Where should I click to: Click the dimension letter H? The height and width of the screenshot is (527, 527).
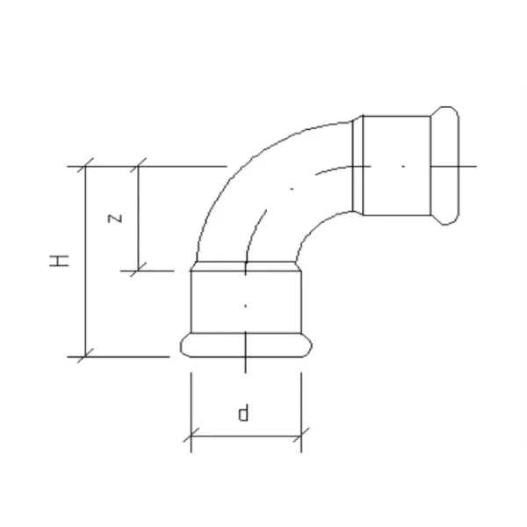point(60,261)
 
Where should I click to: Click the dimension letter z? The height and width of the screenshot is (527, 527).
point(115,218)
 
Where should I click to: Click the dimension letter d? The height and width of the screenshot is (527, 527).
point(243,413)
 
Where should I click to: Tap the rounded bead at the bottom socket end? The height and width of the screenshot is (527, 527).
point(246,345)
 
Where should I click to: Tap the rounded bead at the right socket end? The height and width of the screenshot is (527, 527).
point(445,166)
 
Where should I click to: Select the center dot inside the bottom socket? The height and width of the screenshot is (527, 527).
point(245,306)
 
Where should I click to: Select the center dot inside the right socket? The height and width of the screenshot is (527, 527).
point(403,166)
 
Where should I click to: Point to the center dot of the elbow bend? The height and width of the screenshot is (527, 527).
point(292,189)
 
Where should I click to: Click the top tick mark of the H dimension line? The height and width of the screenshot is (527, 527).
point(85,166)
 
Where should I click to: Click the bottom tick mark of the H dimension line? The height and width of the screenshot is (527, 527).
point(85,357)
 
